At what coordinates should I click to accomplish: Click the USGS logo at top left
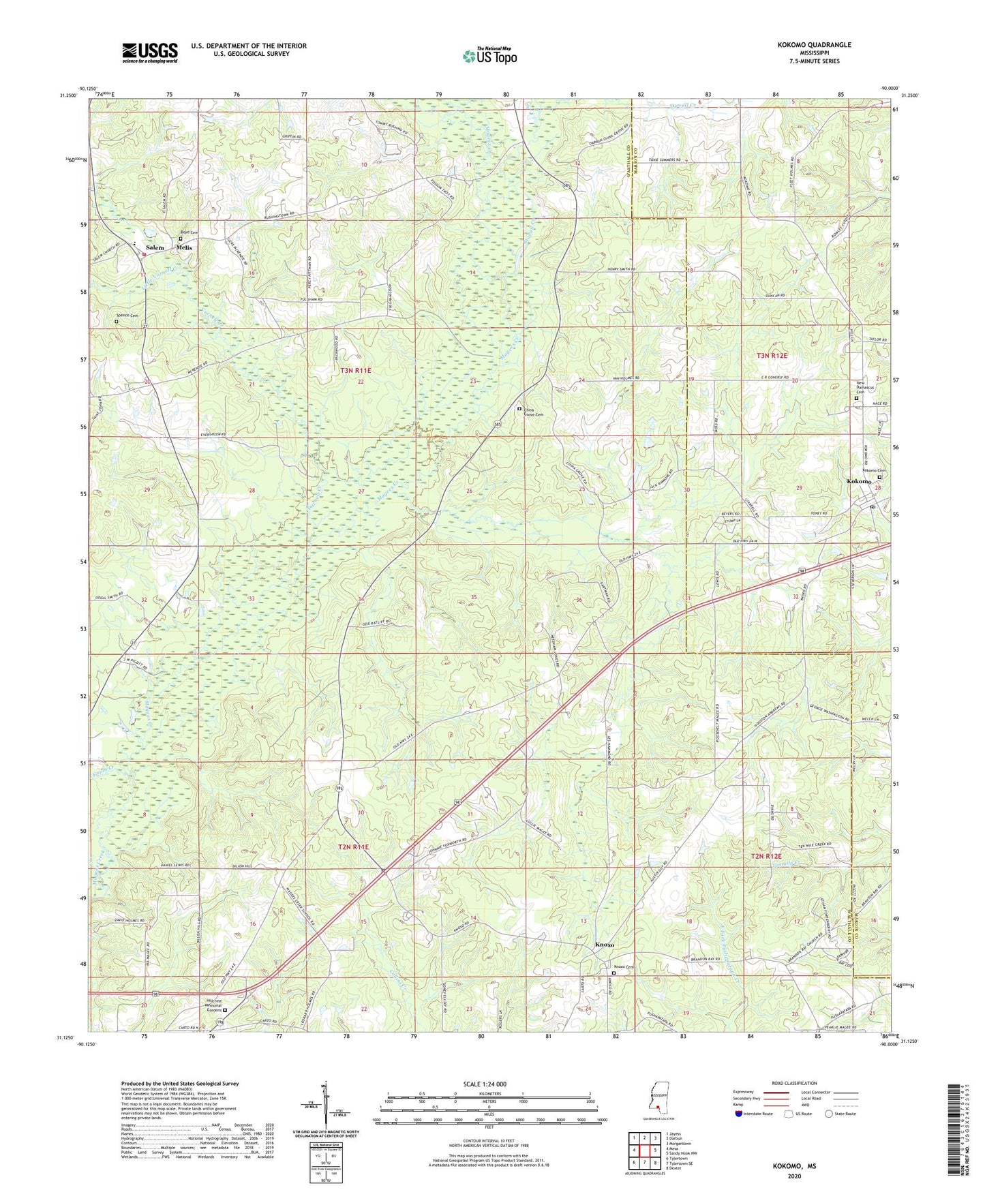pyautogui.click(x=149, y=52)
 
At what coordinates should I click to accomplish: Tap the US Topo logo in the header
pyautogui.click(x=489, y=56)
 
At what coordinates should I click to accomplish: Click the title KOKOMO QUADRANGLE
pyautogui.click(x=814, y=45)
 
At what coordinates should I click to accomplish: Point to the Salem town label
pyautogui.click(x=155, y=247)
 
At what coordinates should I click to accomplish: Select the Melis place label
pyautogui.click(x=184, y=247)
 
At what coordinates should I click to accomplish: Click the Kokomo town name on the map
pyautogui.click(x=859, y=481)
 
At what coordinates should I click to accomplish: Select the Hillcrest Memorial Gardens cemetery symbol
pyautogui.click(x=226, y=1010)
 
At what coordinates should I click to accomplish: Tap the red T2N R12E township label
pyautogui.click(x=766, y=856)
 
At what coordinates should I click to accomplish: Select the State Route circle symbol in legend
pyautogui.click(x=829, y=1114)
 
